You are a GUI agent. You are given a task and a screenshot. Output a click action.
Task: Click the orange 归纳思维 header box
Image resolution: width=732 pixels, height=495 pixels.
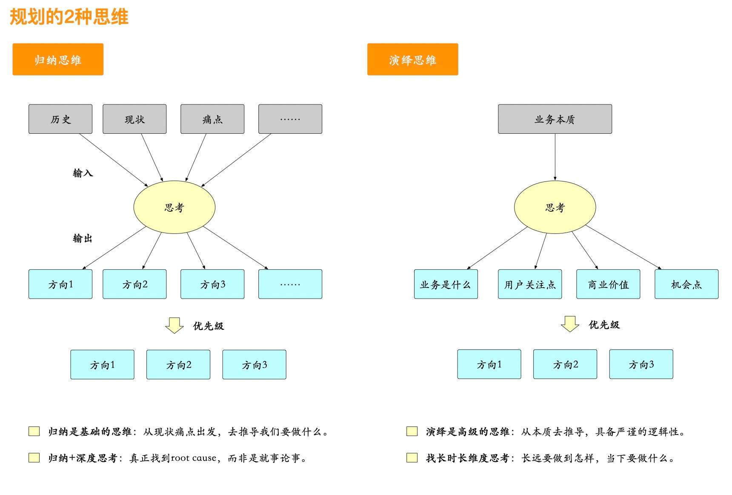58,59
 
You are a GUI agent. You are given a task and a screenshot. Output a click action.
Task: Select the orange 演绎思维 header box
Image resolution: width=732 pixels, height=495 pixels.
412,59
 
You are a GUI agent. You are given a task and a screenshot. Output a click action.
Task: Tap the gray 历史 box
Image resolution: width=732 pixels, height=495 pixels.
60,119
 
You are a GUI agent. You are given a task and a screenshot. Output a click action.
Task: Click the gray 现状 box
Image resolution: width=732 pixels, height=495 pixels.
134,119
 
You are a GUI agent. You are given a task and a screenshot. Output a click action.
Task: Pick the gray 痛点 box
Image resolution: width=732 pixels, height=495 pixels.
212,119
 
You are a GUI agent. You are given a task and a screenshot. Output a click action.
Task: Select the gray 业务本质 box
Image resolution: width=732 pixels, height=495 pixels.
555,119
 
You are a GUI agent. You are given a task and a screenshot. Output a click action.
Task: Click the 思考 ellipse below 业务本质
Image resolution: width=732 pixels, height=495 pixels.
555,207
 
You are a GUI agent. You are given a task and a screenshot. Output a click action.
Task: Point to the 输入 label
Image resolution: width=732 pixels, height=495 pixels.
83,173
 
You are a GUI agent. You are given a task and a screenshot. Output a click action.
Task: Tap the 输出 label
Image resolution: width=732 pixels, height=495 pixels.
83,238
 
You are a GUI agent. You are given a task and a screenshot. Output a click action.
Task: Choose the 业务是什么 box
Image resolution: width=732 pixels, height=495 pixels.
446,284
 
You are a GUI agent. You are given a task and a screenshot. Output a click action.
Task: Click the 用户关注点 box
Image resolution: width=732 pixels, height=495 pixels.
530,284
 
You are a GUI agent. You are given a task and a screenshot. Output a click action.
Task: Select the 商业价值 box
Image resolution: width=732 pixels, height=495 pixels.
608,284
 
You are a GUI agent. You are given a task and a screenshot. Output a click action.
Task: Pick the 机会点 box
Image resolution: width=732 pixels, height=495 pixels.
686,284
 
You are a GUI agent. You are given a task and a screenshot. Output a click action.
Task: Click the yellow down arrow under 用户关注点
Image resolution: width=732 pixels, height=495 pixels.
570,324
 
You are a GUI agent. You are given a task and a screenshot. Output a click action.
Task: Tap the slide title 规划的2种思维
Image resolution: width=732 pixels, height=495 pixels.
69,17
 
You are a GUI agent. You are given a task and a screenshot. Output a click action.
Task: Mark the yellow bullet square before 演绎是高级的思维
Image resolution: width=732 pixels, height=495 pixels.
412,431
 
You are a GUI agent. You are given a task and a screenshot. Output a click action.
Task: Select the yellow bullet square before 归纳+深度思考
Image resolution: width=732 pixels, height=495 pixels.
34,458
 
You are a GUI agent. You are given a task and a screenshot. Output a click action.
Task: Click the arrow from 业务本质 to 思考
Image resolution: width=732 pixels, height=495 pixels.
555,157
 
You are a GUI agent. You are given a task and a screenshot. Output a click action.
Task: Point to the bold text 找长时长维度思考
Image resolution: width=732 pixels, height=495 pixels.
468,458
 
